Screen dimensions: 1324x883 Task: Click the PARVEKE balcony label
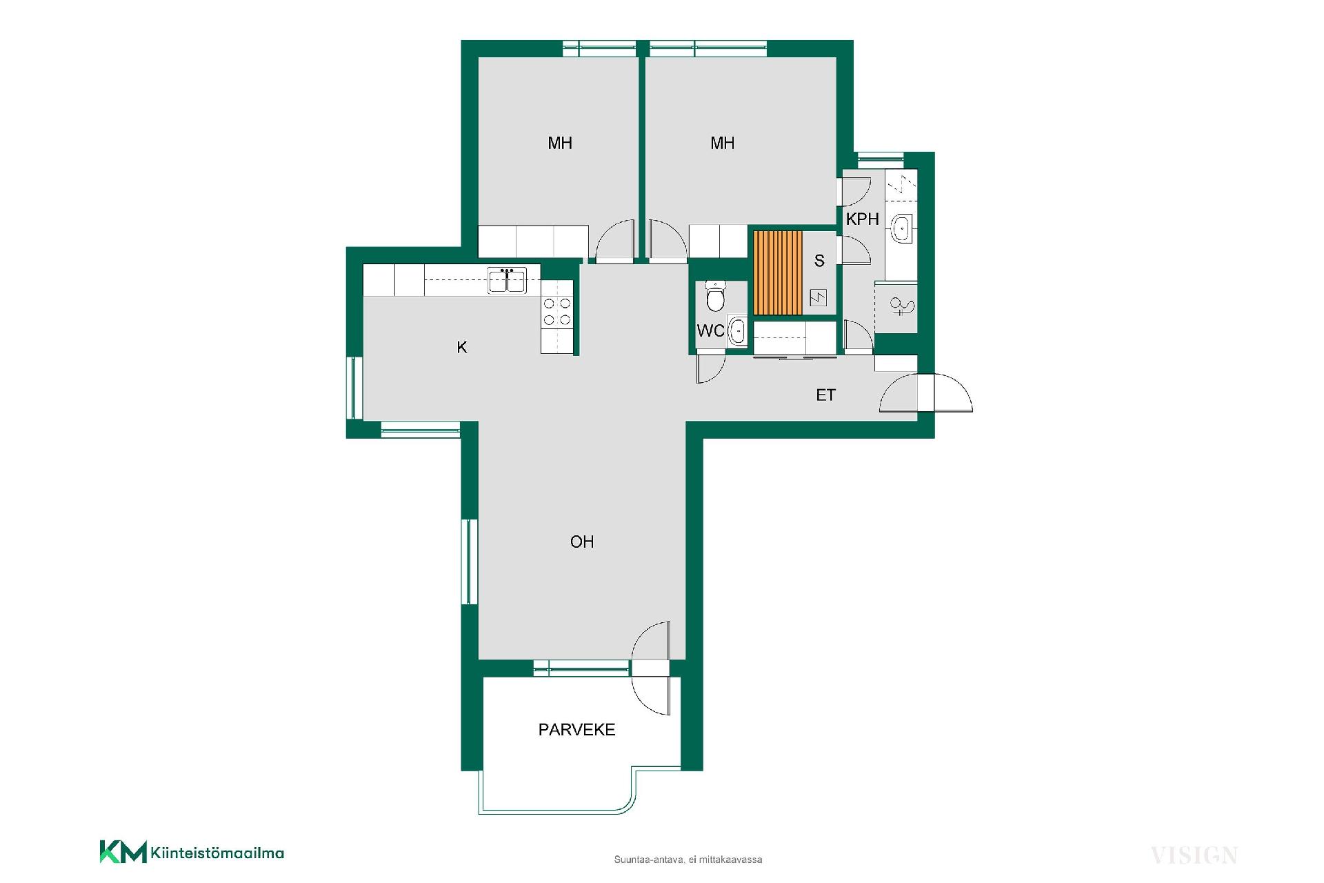[x=576, y=730]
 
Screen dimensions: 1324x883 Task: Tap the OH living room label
[x=582, y=542]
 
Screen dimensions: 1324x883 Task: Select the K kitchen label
[x=462, y=347]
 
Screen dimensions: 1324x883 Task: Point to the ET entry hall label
[x=825, y=395]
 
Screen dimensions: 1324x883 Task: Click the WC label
[x=710, y=331]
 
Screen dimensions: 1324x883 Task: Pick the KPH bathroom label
[x=863, y=219]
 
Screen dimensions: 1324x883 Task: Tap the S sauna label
[x=819, y=261]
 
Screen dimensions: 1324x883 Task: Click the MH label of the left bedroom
[x=560, y=143]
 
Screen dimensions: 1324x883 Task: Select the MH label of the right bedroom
[x=723, y=143]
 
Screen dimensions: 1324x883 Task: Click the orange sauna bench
[x=779, y=272]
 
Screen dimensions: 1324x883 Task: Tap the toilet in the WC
[x=716, y=297]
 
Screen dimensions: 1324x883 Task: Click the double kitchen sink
[x=507, y=280]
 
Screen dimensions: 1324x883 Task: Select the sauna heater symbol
[x=818, y=298]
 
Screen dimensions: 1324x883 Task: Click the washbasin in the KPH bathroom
[x=902, y=228]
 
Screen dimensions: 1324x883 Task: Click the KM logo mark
[x=123, y=851]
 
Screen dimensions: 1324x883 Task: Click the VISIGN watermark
[x=1194, y=856]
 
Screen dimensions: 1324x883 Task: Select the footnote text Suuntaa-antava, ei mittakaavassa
[x=688, y=860]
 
